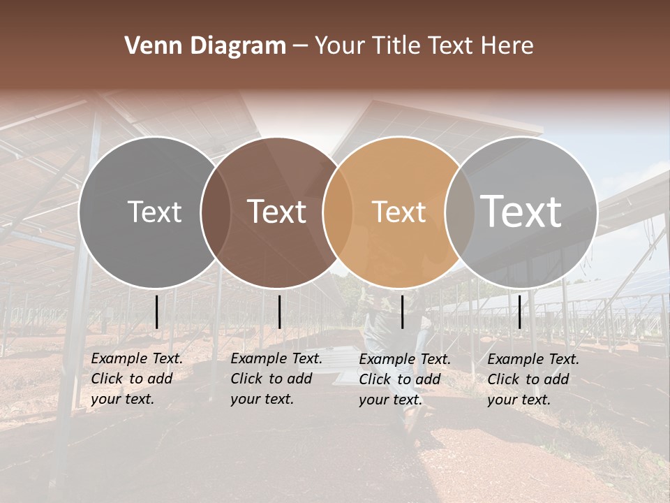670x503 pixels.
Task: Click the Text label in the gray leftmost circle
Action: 154,212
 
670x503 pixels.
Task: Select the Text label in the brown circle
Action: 277,212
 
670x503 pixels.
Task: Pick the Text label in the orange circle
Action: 399,212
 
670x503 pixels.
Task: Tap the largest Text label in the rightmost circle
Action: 521,212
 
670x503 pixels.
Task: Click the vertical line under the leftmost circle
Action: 157,312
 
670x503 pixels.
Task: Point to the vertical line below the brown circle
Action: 279,312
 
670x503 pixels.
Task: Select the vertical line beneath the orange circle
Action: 403,312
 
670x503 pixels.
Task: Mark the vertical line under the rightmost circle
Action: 520,312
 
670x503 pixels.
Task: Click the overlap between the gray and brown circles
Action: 216,212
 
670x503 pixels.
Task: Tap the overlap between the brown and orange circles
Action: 338,212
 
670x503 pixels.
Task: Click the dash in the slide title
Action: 300,46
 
